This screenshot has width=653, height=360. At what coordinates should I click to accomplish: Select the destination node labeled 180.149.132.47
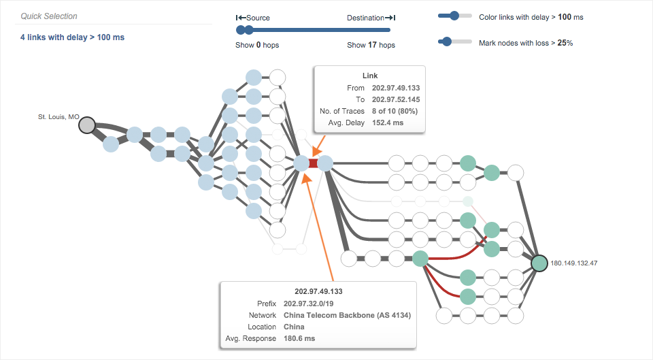point(539,263)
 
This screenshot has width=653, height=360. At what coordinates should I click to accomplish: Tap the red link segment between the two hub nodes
point(313,163)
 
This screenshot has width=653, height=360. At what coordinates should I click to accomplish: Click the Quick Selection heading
point(49,16)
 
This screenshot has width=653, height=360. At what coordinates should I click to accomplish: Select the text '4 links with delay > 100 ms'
point(72,37)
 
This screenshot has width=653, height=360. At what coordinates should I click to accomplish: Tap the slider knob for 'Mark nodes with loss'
point(446,42)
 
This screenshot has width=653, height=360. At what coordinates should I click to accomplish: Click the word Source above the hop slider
point(258,18)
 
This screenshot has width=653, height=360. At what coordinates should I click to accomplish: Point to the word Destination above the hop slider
point(365,18)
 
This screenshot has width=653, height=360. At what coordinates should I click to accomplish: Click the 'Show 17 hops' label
point(371,45)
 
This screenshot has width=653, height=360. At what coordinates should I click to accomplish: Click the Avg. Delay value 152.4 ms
point(388,122)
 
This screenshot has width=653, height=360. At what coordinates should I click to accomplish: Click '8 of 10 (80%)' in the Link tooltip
point(395,111)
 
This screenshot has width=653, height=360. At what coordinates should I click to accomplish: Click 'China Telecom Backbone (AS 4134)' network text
point(347,315)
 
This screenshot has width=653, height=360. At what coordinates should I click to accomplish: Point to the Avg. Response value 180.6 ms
point(299,338)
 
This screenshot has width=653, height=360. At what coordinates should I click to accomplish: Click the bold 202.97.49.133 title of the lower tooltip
point(319,291)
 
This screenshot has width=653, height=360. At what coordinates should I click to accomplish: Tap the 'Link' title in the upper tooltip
point(369,76)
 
